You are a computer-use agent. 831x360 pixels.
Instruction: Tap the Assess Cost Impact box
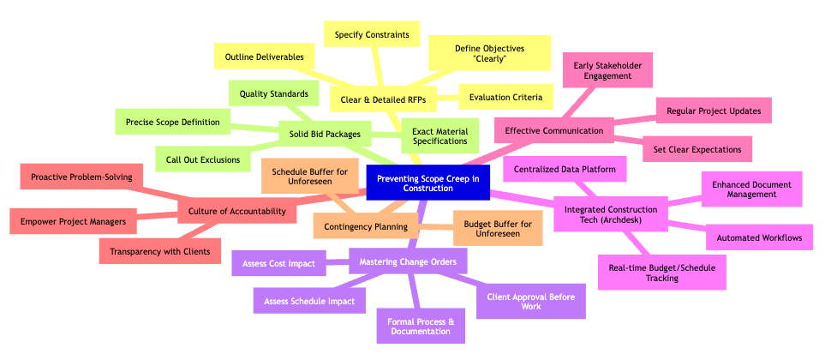coord(278,262)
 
